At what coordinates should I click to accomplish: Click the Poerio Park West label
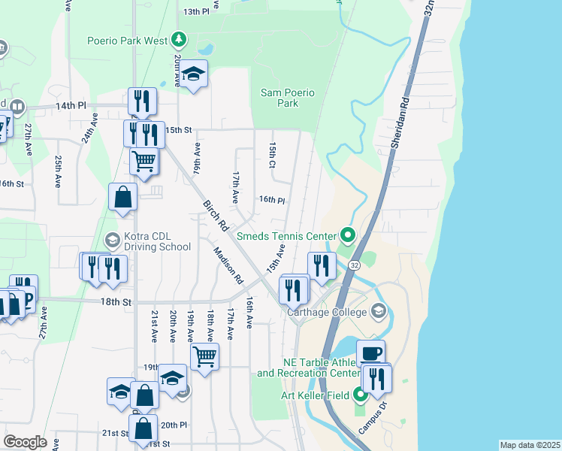point(127,40)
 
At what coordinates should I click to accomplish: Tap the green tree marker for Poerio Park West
point(178,38)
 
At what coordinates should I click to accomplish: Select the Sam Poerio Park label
point(288,98)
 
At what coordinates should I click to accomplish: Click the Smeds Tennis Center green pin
point(346,235)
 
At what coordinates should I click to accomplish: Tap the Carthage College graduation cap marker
point(378,310)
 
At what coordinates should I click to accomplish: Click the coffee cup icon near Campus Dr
point(370,353)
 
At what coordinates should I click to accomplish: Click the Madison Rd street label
point(228,266)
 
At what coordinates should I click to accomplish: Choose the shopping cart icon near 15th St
point(144,160)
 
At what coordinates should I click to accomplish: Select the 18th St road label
point(116,301)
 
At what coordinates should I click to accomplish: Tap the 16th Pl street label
point(272,200)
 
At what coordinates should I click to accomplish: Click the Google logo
point(26,442)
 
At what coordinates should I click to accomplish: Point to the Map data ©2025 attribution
point(530,445)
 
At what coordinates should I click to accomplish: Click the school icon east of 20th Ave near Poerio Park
point(194,74)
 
